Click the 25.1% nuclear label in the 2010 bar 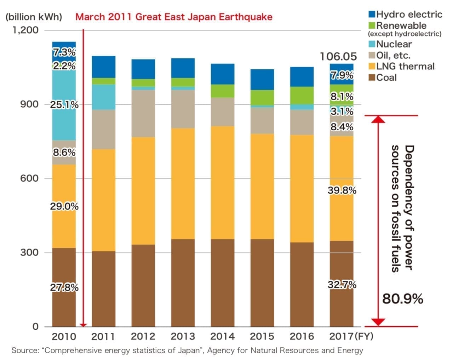tap(64, 105)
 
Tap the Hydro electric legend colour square tap(372, 15)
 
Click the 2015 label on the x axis tap(262, 336)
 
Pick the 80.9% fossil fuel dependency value tap(402, 299)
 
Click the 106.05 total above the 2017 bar tap(338, 56)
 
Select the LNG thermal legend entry tap(405, 66)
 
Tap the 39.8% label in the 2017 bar tap(342, 190)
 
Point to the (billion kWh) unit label tap(34, 17)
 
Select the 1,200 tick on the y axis tap(25, 30)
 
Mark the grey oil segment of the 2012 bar tap(143, 113)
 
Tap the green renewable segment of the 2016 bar tap(302, 95)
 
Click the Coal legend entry tap(386, 78)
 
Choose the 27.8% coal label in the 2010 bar tap(64, 287)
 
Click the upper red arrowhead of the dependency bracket tap(378, 119)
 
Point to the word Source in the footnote tap(24, 350)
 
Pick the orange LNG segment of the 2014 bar tap(222, 182)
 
